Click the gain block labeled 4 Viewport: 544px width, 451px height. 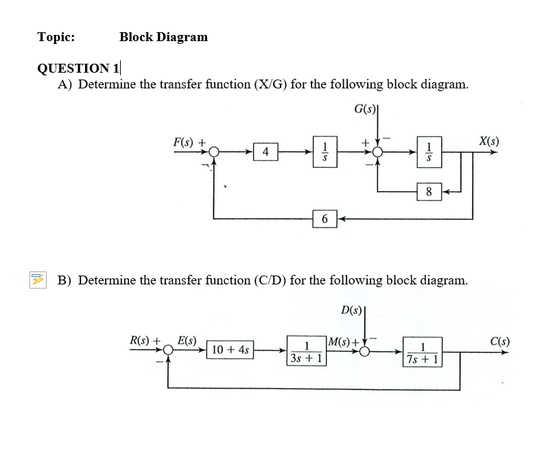click(265, 151)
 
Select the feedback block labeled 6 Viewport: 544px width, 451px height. click(324, 219)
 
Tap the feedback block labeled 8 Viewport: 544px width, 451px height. click(429, 192)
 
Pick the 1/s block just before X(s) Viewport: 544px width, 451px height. click(429, 151)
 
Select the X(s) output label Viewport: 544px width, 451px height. click(488, 142)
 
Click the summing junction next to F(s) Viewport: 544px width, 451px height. click(215, 151)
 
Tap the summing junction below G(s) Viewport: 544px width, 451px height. click(377, 151)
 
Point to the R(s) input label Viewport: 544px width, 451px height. click(145, 340)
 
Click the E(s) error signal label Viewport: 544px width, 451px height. click(187, 340)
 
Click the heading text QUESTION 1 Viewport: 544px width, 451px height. click(78, 68)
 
